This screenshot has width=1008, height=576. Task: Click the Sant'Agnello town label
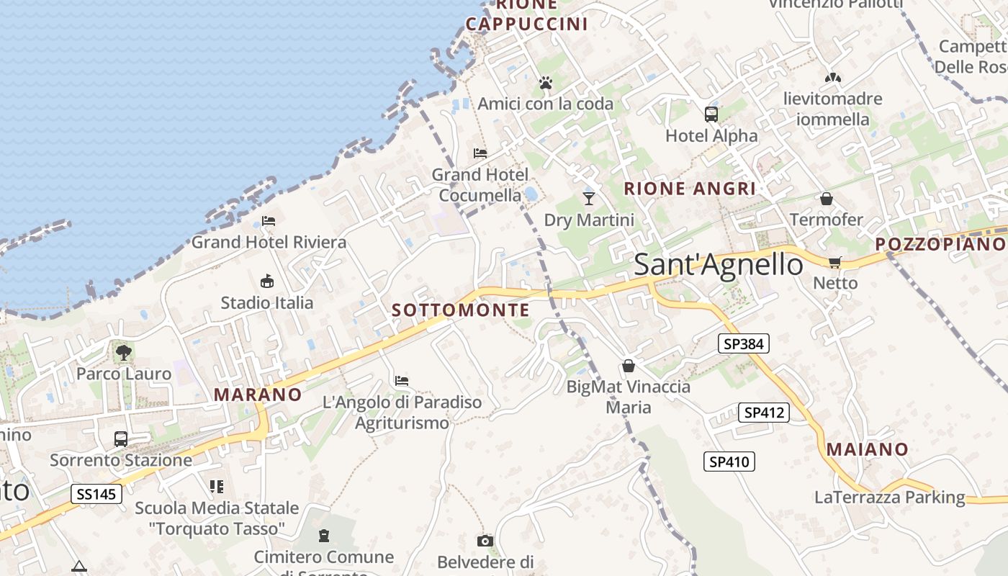[x=718, y=265]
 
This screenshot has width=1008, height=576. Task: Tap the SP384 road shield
[x=744, y=344]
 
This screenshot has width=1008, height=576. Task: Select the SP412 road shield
[x=764, y=413]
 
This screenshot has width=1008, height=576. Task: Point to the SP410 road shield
[x=729, y=462]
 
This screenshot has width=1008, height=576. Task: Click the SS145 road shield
[x=96, y=494]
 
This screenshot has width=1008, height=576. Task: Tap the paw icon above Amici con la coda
[x=545, y=84]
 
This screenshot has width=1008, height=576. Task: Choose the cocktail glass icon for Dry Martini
[x=589, y=198]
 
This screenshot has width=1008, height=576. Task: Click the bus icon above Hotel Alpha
[x=711, y=114]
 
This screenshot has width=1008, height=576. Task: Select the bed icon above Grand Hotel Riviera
[x=269, y=220]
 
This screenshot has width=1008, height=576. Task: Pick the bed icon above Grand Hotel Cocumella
[x=480, y=153]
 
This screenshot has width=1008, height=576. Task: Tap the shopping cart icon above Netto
[x=834, y=262]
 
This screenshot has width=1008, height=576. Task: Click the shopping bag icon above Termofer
[x=826, y=198]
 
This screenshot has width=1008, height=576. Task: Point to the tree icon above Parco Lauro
[x=124, y=352]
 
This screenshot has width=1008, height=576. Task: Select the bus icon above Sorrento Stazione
[x=121, y=438]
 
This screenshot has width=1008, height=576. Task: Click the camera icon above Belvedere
[x=485, y=541]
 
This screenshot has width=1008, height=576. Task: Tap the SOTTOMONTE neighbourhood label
[x=461, y=310]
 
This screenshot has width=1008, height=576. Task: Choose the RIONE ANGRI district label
[x=690, y=189]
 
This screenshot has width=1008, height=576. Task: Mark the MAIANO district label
[x=867, y=449]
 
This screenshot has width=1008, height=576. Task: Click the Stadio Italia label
[x=267, y=302]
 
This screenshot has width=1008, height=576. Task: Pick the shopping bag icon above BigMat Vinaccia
[x=629, y=366]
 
